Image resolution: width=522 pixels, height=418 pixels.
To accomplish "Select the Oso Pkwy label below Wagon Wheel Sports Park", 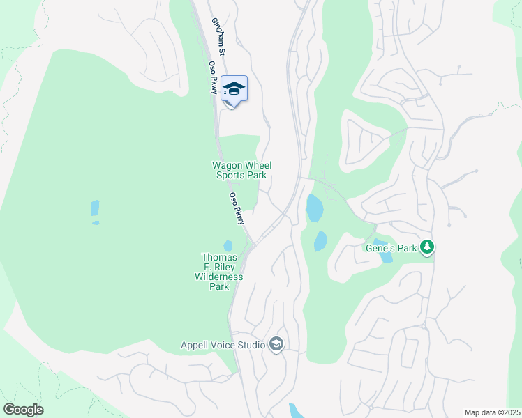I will [x=237, y=208].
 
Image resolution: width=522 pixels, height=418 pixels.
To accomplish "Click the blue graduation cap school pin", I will [x=234, y=89].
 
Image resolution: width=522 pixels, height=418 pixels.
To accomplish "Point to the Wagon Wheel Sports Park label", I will [x=241, y=171].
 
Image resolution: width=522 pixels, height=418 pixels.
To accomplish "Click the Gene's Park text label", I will [x=390, y=247].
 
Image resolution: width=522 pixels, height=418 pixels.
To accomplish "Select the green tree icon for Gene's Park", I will [x=426, y=247].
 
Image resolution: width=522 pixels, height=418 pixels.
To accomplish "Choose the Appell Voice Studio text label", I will [x=223, y=345].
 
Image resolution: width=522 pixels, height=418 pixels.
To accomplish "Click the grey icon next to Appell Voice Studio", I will [x=276, y=344].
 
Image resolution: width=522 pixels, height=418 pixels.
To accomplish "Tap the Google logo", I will [x=23, y=410].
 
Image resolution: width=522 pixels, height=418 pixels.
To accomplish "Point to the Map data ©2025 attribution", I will [x=491, y=412].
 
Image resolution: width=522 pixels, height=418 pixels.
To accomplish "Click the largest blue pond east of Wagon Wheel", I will [x=314, y=208].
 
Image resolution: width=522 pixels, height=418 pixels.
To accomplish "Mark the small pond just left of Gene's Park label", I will [x=385, y=256].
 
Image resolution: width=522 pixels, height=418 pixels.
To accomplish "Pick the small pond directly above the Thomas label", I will [x=228, y=246].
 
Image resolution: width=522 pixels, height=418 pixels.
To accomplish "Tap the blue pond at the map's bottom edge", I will [x=296, y=411].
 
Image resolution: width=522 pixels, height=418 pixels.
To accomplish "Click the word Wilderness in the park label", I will [x=219, y=277].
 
